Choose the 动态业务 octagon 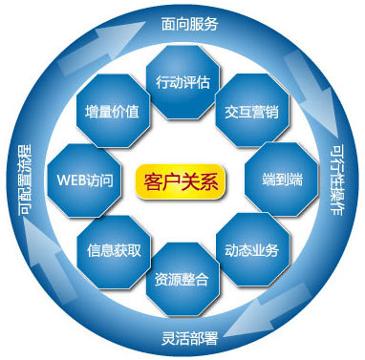(252, 251)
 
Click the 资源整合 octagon (182, 280)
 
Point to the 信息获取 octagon (114, 251)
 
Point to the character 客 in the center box (149, 180)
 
